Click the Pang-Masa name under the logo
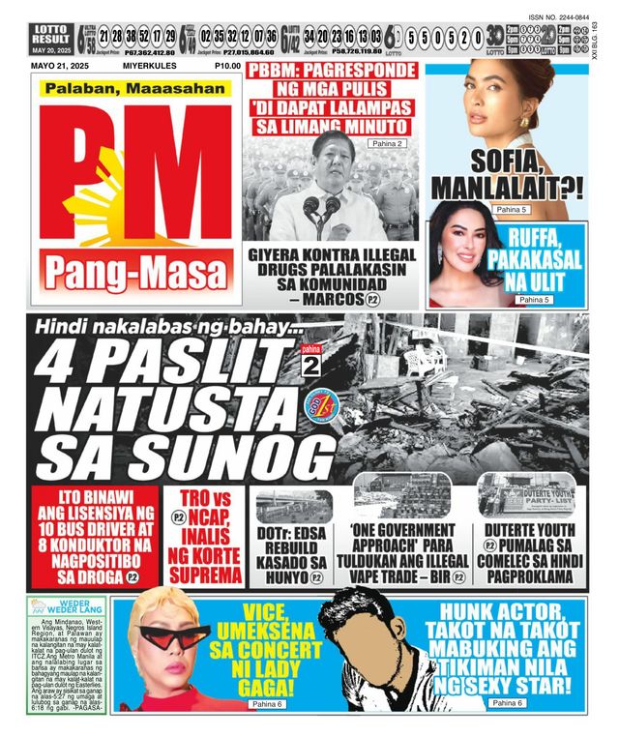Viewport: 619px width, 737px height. click(136, 276)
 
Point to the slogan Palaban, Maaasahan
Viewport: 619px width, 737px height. click(136, 89)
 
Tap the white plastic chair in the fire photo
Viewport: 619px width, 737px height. click(424, 360)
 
